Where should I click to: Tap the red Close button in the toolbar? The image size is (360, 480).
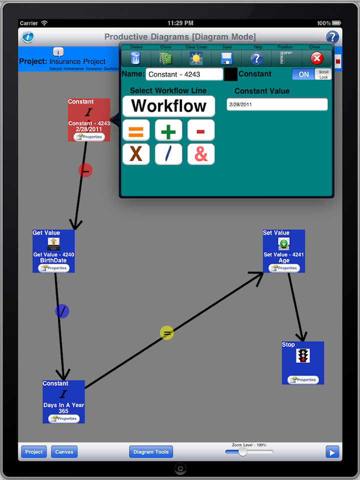316,58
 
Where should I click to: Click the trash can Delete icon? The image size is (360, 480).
135,58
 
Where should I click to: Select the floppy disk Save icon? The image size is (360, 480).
226,58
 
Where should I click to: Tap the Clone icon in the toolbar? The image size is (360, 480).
165,58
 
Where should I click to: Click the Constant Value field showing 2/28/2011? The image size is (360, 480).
277,104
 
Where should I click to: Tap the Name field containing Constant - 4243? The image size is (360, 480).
184,74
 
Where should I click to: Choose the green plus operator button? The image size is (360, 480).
168,131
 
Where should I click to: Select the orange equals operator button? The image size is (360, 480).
136,131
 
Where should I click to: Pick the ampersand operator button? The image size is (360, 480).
201,154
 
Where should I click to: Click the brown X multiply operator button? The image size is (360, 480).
136,154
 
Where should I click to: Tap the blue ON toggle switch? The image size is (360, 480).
304,74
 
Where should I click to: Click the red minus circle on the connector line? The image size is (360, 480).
85,170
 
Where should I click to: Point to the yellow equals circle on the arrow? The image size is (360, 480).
166,333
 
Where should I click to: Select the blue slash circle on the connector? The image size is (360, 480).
62,311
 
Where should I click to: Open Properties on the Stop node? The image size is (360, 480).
303,380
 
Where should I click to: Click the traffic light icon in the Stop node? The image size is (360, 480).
302,355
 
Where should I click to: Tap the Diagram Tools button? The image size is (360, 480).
151,452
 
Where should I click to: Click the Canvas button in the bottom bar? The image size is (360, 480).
64,452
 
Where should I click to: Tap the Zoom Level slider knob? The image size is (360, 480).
242,452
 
